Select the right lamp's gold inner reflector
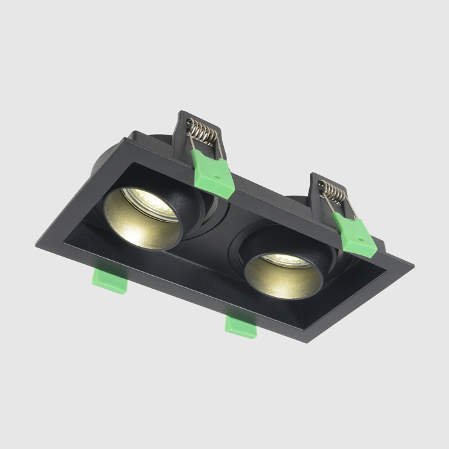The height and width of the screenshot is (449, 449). click(x=282, y=282)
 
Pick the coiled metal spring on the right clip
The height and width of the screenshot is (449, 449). click(x=334, y=192)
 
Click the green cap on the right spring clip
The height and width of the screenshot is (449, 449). click(x=354, y=233)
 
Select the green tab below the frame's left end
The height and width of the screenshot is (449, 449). click(x=110, y=281)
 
